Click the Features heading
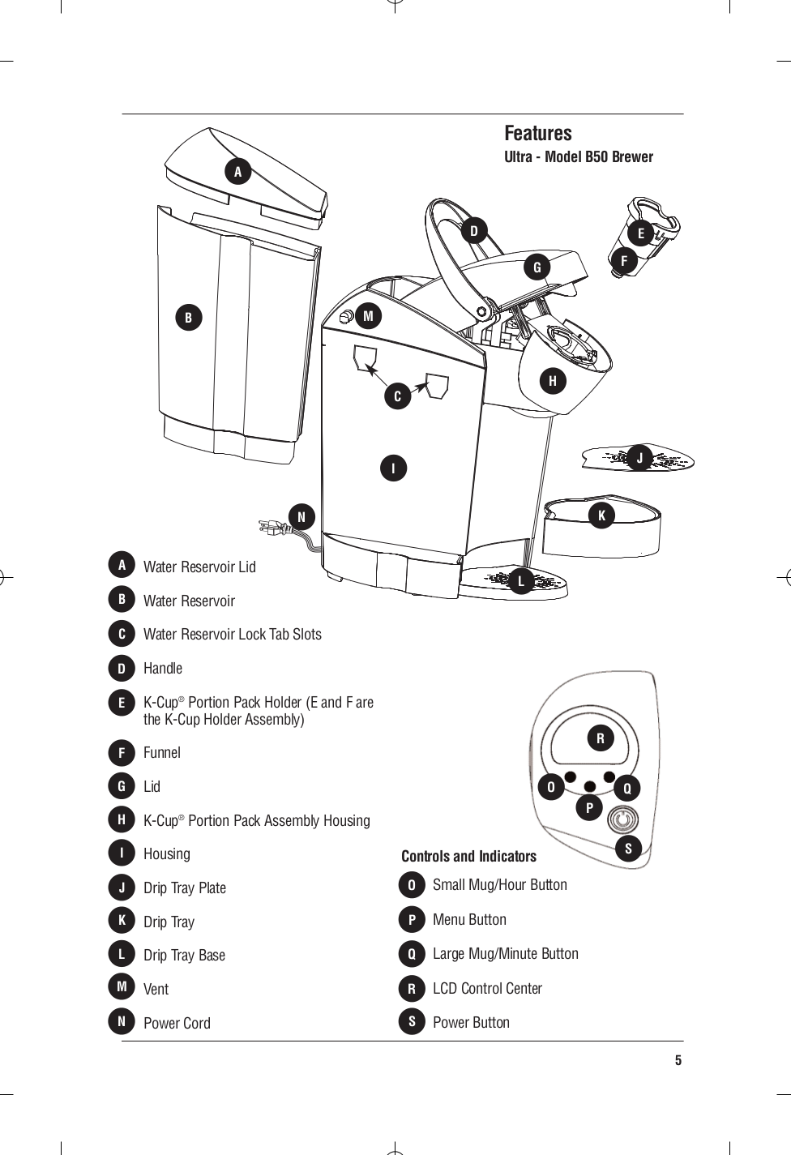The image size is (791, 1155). (x=537, y=133)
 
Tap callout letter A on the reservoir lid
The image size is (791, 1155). (x=237, y=172)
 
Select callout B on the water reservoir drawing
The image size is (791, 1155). (x=188, y=318)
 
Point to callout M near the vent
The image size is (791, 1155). (x=368, y=316)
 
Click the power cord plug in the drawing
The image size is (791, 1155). (x=271, y=528)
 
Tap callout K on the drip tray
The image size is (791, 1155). (x=601, y=515)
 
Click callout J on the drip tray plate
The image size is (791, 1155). (x=639, y=459)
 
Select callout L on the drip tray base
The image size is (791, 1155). (x=521, y=581)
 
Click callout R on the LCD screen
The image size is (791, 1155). (x=601, y=738)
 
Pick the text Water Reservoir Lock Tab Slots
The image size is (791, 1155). (x=232, y=635)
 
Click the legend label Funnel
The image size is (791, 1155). (x=162, y=753)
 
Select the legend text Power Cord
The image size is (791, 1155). (x=177, y=1023)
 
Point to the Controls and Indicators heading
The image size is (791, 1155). (x=468, y=857)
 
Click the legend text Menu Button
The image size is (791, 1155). (x=469, y=920)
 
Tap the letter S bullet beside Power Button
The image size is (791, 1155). (x=412, y=1022)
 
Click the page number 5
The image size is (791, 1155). (x=678, y=1061)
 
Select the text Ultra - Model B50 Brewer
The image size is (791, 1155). (x=578, y=157)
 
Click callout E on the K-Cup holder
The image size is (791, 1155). (x=640, y=233)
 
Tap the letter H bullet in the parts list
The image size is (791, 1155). (x=122, y=820)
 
